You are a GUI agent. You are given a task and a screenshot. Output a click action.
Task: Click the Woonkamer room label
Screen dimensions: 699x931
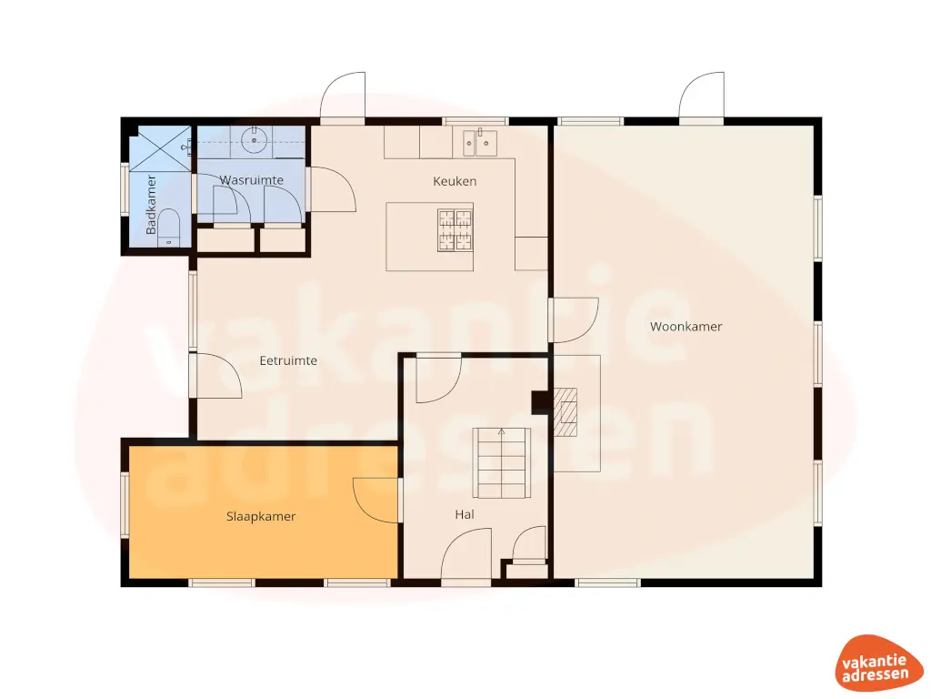(686, 327)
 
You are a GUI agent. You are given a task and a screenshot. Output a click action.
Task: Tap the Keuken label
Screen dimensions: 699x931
(455, 181)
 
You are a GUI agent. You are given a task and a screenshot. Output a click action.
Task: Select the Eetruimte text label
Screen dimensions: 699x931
(288, 360)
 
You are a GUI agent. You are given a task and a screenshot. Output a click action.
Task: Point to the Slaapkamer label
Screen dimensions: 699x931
(261, 516)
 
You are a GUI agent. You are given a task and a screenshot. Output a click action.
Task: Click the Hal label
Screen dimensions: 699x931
(465, 514)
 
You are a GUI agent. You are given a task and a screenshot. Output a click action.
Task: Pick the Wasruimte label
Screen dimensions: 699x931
(252, 180)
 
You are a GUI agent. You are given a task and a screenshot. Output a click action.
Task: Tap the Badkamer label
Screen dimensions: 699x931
(152, 204)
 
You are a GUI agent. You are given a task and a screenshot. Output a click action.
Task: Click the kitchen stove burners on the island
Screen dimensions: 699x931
(456, 229)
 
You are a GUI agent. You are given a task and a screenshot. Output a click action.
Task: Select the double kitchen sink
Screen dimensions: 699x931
(479, 141)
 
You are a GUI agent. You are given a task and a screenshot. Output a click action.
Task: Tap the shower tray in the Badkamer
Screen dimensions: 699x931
(160, 148)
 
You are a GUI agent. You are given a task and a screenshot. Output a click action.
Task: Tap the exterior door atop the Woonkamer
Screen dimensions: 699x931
(701, 97)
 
